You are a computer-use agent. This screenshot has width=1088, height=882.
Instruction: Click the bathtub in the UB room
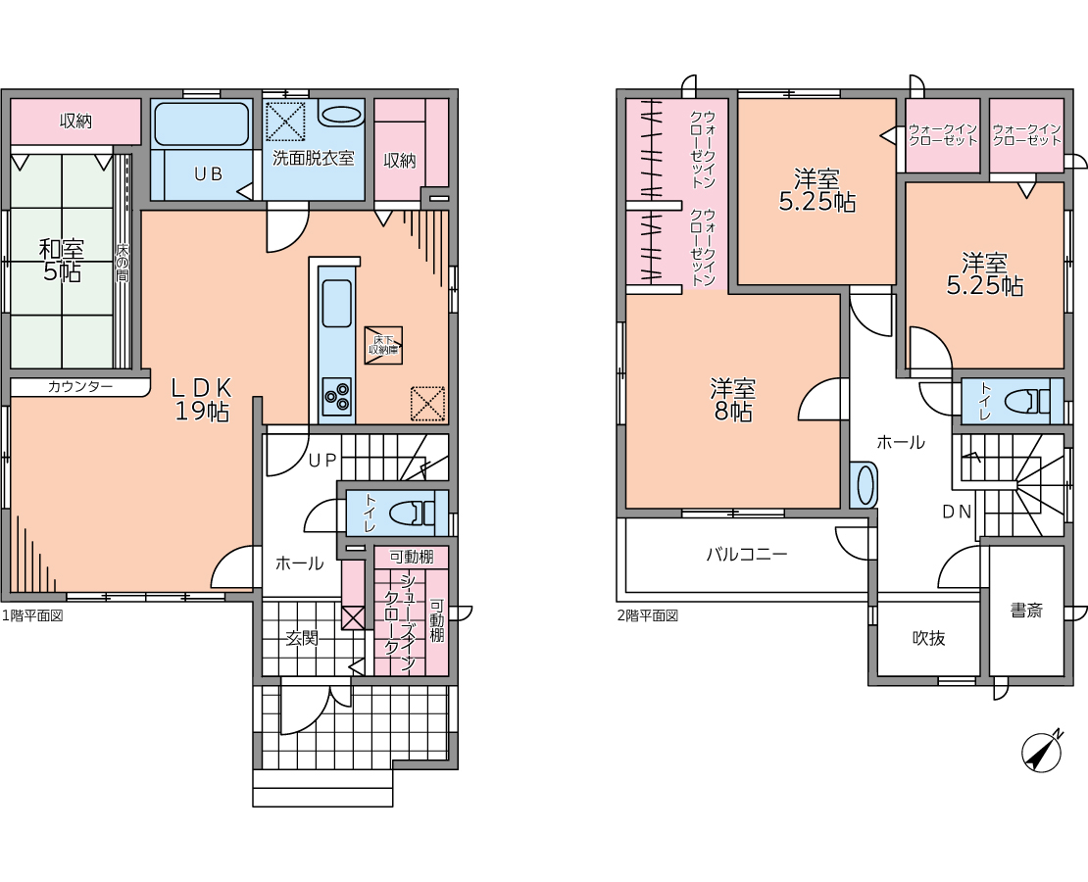point(201,124)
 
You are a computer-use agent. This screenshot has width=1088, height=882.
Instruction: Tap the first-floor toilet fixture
point(411,513)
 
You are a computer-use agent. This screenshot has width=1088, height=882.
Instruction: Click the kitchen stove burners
point(336,397)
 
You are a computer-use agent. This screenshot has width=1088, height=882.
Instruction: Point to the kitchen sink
point(336,303)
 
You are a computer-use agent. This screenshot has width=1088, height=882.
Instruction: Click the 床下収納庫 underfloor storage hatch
point(383,345)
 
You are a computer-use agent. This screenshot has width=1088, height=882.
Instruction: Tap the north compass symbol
point(1042,750)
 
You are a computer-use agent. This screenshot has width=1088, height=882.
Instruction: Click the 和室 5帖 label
point(62,261)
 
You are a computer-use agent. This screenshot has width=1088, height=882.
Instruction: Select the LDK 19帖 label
point(201,399)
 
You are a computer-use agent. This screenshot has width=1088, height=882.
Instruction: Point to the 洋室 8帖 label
point(733,400)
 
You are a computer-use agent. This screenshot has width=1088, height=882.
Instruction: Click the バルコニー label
point(747,555)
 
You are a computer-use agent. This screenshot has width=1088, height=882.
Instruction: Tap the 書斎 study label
point(1026,611)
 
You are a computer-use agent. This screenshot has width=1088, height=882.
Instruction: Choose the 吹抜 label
point(928,638)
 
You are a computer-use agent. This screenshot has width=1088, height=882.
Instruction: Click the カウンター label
point(79,386)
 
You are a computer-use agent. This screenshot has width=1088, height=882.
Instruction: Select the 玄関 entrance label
point(303,637)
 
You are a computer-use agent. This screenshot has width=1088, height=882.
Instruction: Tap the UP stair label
point(322,460)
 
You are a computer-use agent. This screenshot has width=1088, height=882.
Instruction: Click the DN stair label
point(956,512)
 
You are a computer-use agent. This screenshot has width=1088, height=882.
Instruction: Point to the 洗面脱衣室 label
point(314,158)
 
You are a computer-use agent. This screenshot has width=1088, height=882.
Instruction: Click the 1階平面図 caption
point(32,614)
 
